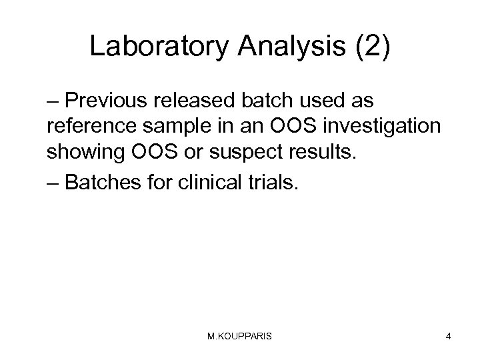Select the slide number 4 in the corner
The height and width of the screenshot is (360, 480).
[x=449, y=337]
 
